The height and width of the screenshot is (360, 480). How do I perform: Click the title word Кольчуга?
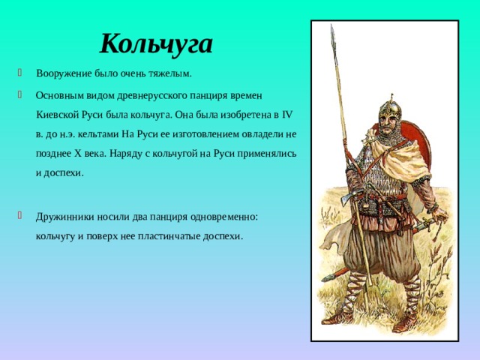coord(157,43)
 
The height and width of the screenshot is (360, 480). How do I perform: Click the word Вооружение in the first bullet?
coord(64,73)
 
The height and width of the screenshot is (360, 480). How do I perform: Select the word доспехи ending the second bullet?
coord(61,172)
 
